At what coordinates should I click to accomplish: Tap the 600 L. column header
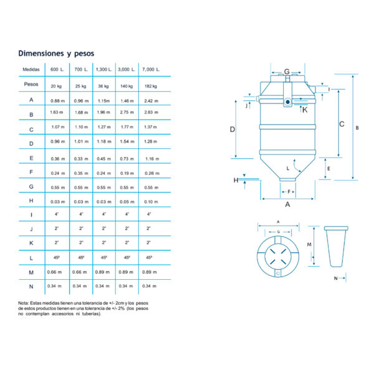pyautogui.click(x=58, y=69)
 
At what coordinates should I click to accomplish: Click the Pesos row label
pyautogui.click(x=31, y=84)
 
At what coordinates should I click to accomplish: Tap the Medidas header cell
pyautogui.click(x=31, y=69)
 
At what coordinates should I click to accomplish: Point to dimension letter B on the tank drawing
pyautogui.click(x=357, y=128)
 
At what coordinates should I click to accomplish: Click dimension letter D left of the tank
pyautogui.click(x=232, y=130)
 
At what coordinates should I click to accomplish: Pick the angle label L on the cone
pyautogui.click(x=288, y=168)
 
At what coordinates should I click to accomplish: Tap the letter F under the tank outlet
pyautogui.click(x=288, y=191)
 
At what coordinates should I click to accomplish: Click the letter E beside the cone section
pyautogui.click(x=328, y=169)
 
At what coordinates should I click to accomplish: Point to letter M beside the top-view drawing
pyautogui.click(x=309, y=244)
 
